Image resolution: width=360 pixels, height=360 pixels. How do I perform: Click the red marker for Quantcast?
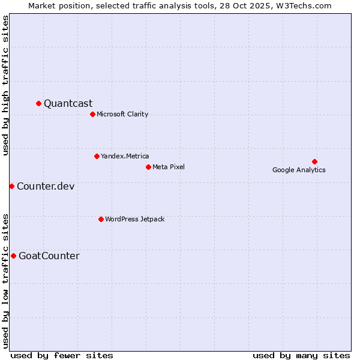[39, 103]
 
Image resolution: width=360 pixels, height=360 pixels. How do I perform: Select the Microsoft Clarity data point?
[92, 114]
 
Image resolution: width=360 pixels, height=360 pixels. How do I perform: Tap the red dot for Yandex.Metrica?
[97, 156]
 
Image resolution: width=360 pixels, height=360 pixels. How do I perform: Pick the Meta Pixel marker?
[148, 167]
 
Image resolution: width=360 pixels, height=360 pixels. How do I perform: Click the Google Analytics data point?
[314, 161]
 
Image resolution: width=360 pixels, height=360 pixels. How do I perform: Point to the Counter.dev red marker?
[11, 186]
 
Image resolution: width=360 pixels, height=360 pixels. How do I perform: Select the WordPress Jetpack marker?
[101, 219]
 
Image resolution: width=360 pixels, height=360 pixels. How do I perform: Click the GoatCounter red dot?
[13, 256]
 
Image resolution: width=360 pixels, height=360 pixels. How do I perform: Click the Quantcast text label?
[68, 103]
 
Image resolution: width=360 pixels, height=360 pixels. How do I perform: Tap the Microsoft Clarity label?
[122, 114]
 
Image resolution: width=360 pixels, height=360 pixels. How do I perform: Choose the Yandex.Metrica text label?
[125, 156]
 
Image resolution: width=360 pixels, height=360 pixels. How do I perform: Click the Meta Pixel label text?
[169, 167]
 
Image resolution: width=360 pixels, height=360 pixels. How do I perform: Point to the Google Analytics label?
[299, 170]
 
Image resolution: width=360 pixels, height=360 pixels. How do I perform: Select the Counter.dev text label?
[46, 186]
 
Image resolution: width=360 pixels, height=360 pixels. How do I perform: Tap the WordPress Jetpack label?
[134, 219]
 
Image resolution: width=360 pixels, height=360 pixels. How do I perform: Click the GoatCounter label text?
[49, 256]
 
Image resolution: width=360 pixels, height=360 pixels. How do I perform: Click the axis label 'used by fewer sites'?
[62, 355]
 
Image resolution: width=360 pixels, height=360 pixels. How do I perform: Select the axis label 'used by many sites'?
[301, 355]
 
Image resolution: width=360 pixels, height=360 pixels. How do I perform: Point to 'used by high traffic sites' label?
[6, 85]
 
